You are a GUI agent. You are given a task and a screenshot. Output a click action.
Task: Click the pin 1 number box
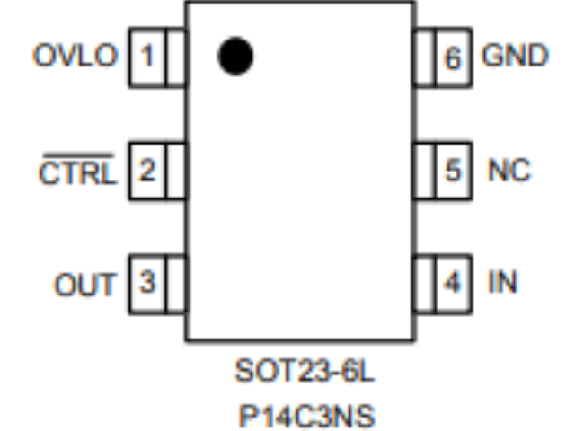pos(148,57)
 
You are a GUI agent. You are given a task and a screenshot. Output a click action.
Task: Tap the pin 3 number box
pos(148,283)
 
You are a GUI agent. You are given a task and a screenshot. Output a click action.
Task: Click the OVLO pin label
pos(75,57)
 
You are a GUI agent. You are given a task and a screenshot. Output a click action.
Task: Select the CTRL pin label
pos(77,172)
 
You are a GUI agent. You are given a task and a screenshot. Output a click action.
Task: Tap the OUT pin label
pos(85,285)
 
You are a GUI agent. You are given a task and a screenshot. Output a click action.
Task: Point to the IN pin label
pos(502,283)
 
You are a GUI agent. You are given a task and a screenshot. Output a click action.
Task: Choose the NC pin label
pos(509,171)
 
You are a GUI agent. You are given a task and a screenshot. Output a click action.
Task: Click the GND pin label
pos(515,57)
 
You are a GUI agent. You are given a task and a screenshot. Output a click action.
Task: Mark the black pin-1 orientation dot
pos(234,57)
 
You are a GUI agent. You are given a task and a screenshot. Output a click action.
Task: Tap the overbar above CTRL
pos(77,155)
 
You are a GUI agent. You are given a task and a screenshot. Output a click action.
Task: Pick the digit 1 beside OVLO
pos(148,57)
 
